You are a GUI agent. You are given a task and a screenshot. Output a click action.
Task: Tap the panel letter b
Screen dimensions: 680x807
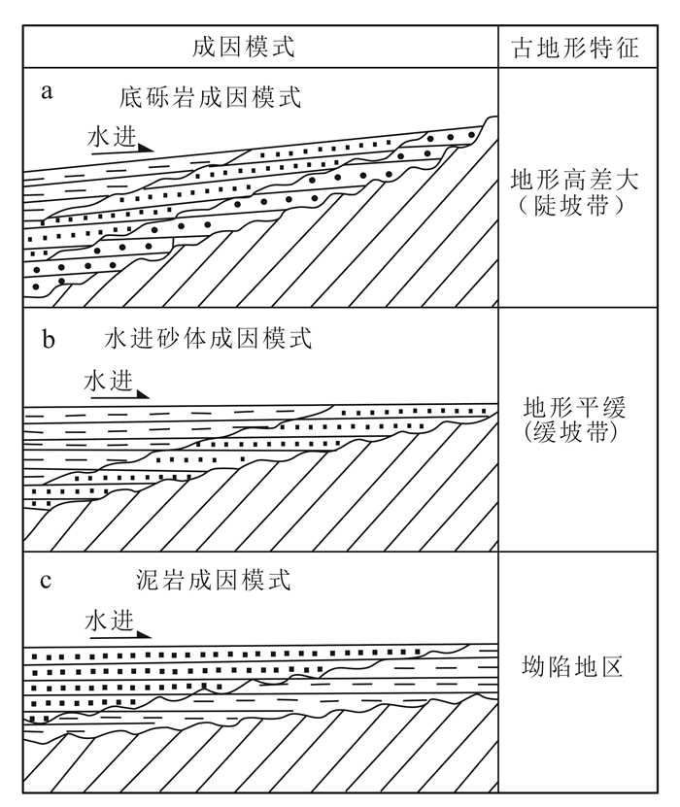(x=48, y=339)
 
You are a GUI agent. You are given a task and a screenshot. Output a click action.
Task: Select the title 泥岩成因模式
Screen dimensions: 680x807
(x=215, y=581)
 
